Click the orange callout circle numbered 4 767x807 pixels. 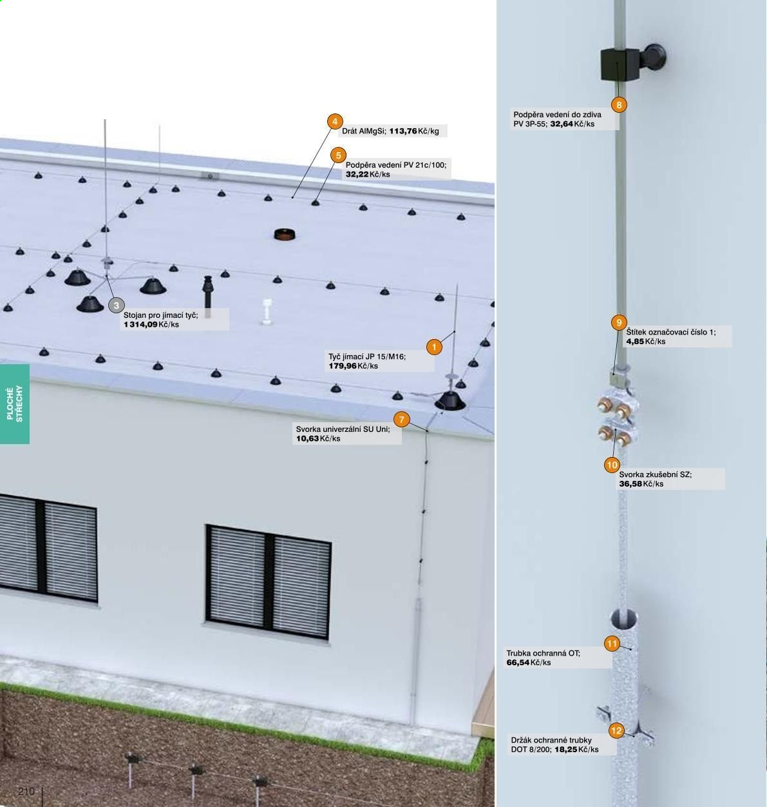pyautogui.click(x=335, y=122)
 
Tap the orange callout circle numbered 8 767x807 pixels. pyautogui.click(x=619, y=105)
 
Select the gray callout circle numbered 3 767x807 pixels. pyautogui.click(x=117, y=306)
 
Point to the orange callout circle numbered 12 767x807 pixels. pyautogui.click(x=616, y=731)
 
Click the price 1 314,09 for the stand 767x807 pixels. pyautogui.click(x=140, y=325)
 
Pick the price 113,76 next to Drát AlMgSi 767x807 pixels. pyautogui.click(x=402, y=131)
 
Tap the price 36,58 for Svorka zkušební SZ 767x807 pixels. pyautogui.click(x=630, y=484)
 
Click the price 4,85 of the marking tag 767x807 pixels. pyautogui.click(x=635, y=342)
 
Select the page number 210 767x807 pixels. pyautogui.click(x=26, y=792)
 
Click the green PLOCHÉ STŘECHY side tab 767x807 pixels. pyautogui.click(x=14, y=404)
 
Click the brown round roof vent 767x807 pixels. pyautogui.click(x=285, y=235)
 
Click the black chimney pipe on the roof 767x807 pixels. pyautogui.click(x=208, y=297)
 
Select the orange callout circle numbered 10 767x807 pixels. pyautogui.click(x=612, y=465)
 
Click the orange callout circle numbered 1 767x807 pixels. pyautogui.click(x=434, y=347)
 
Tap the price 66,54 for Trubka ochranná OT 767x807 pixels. pyautogui.click(x=518, y=663)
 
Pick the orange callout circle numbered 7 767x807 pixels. pyautogui.click(x=401, y=420)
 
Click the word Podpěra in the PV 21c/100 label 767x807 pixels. pyautogui.click(x=361, y=166)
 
